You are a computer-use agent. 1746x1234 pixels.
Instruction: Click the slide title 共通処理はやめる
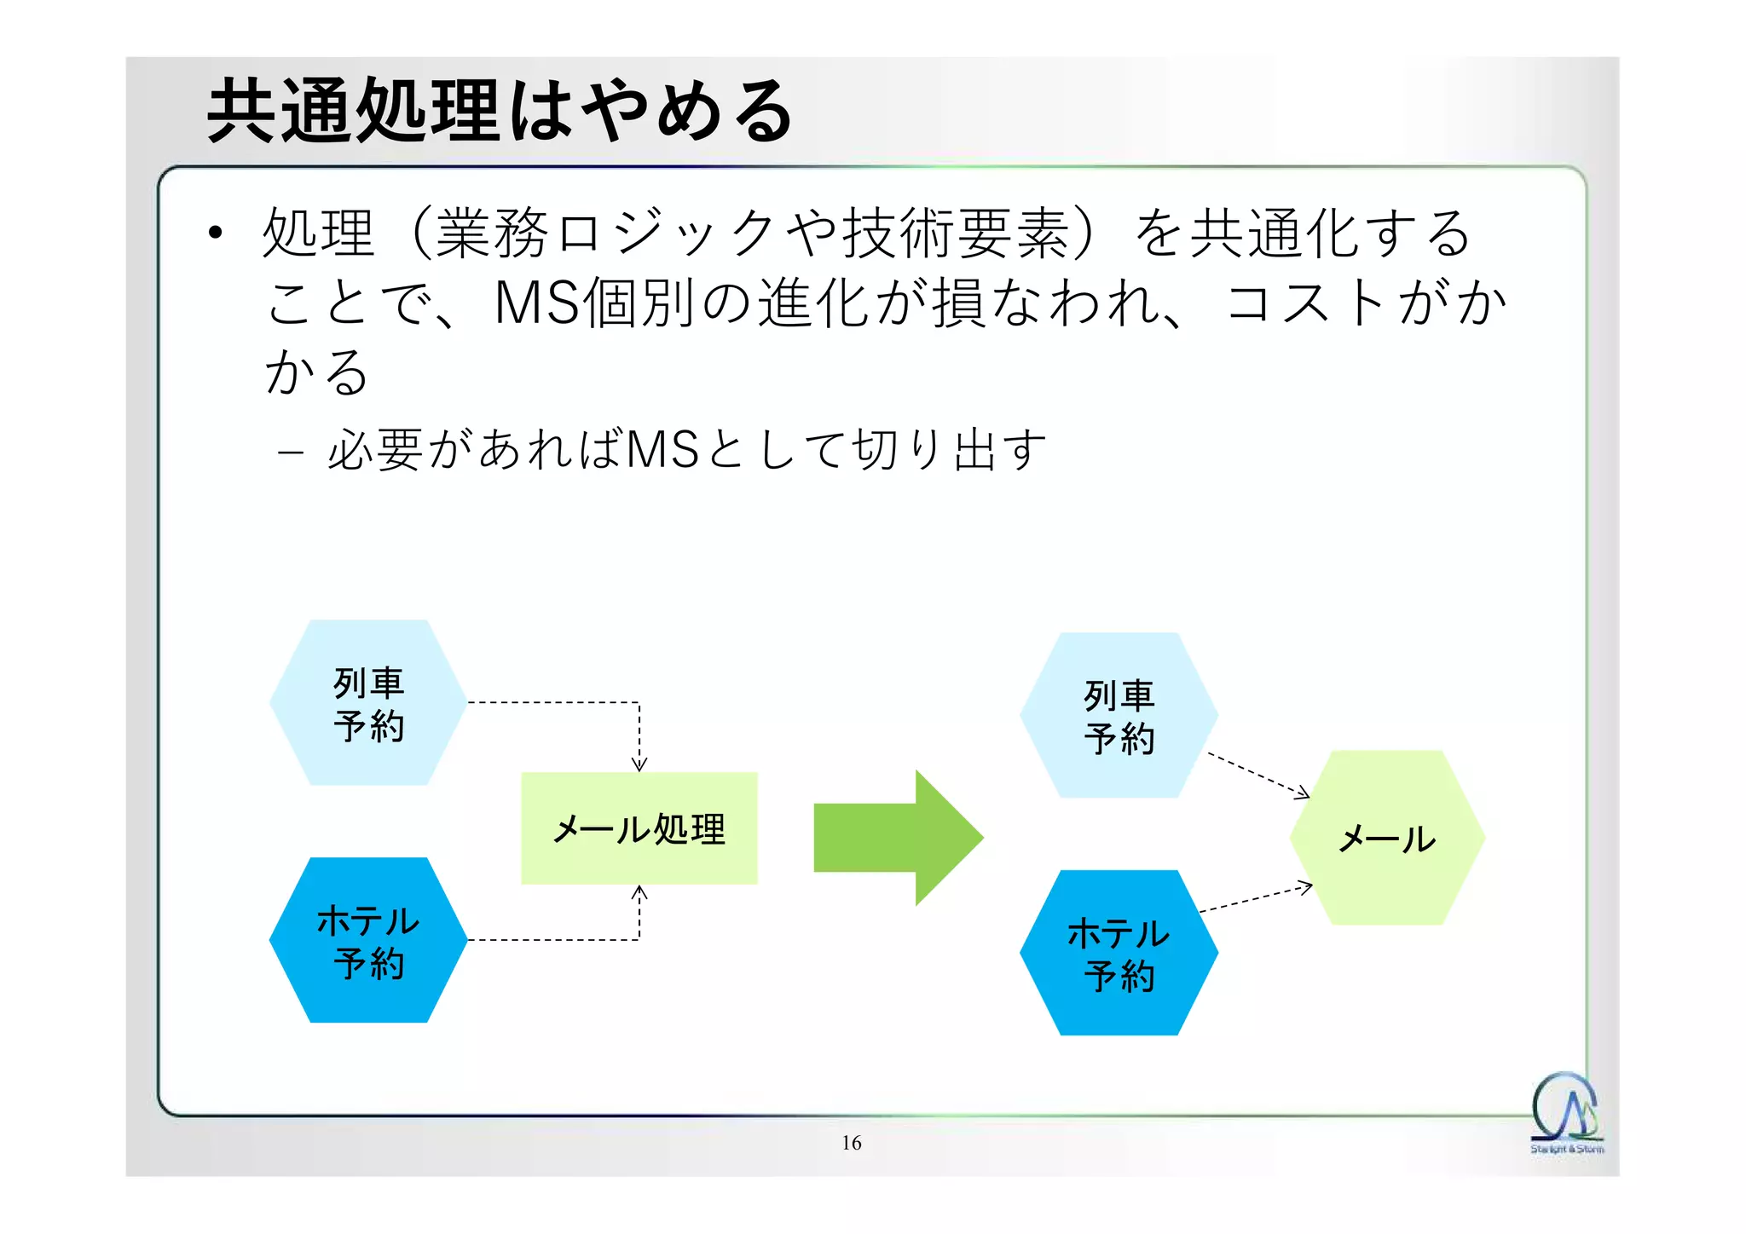(x=500, y=111)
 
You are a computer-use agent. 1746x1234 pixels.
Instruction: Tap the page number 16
(x=851, y=1143)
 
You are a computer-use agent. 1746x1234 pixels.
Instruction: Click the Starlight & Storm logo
(x=1566, y=1112)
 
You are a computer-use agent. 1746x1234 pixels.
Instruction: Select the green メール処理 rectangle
(x=639, y=828)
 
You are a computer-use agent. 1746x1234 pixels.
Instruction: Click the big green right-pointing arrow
(x=895, y=838)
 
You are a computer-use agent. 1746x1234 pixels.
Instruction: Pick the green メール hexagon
(x=1387, y=838)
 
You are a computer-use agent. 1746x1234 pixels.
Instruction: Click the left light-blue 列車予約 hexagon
(x=368, y=702)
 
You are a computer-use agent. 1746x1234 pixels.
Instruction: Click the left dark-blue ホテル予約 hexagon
(x=368, y=940)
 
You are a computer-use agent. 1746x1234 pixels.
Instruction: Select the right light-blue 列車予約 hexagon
(x=1119, y=715)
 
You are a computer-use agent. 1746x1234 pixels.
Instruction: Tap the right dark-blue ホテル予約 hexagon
(x=1119, y=953)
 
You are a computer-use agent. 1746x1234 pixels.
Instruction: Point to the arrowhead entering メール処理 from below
(x=639, y=892)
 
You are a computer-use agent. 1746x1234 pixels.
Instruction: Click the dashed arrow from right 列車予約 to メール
(x=1257, y=775)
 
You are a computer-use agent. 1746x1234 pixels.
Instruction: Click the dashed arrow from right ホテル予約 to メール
(x=1255, y=900)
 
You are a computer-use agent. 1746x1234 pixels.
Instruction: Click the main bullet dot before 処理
(x=215, y=233)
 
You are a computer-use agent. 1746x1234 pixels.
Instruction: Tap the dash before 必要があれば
(x=290, y=451)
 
